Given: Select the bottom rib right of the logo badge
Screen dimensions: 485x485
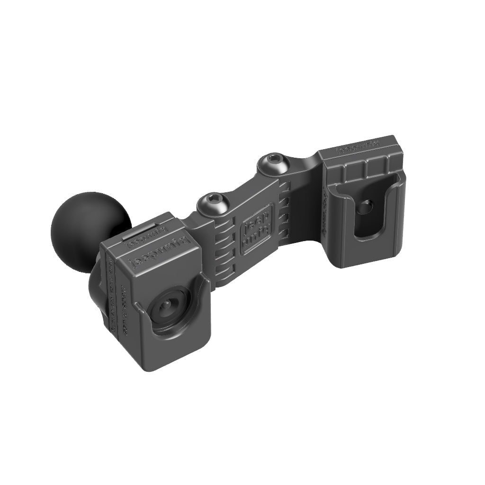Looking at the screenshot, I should [x=285, y=234].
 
